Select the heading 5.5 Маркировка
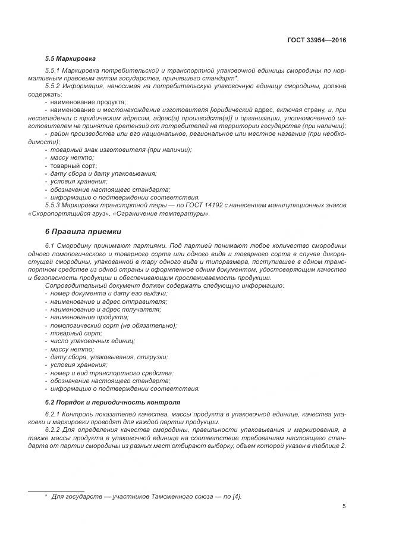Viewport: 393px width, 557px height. tap(70, 59)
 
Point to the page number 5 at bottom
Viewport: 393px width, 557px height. tap(344, 506)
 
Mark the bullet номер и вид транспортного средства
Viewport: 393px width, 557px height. tap(111, 372)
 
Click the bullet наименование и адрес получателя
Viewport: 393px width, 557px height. tap(105, 310)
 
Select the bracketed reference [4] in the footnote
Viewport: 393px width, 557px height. tap(236, 496)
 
